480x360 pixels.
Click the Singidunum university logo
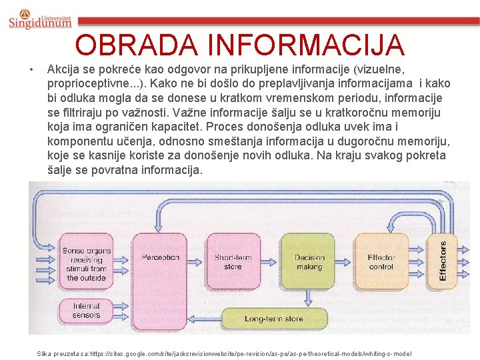40,19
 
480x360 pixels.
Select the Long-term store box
273,319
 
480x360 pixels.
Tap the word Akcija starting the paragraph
64,69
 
